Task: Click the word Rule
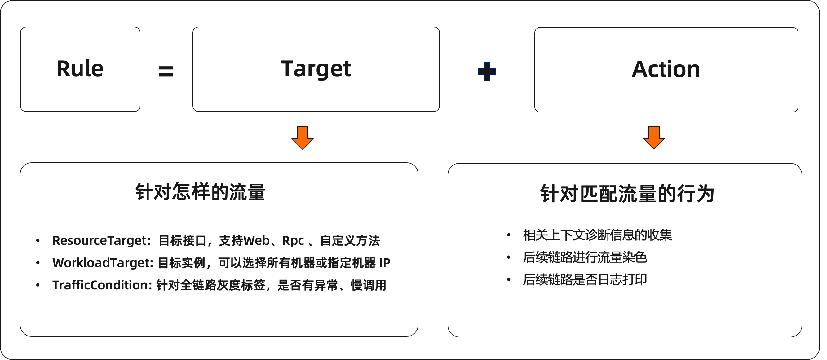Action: (x=80, y=69)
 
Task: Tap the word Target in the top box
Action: (x=316, y=69)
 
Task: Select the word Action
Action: (x=666, y=69)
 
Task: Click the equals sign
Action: (x=166, y=71)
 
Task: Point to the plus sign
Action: (x=487, y=71)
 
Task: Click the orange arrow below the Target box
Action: (x=303, y=138)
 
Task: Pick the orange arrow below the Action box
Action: (x=654, y=138)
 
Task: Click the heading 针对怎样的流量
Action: (x=200, y=192)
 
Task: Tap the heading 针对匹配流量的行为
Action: (x=628, y=194)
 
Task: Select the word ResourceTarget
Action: (x=100, y=241)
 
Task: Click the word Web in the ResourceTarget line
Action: (x=257, y=241)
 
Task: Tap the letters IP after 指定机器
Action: (x=385, y=263)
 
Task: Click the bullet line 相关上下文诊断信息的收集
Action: (x=597, y=235)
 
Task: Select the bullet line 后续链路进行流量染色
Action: (x=585, y=257)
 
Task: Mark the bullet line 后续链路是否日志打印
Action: (x=585, y=280)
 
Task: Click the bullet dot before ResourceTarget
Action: (x=38, y=240)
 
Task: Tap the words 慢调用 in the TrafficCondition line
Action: (x=369, y=285)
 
